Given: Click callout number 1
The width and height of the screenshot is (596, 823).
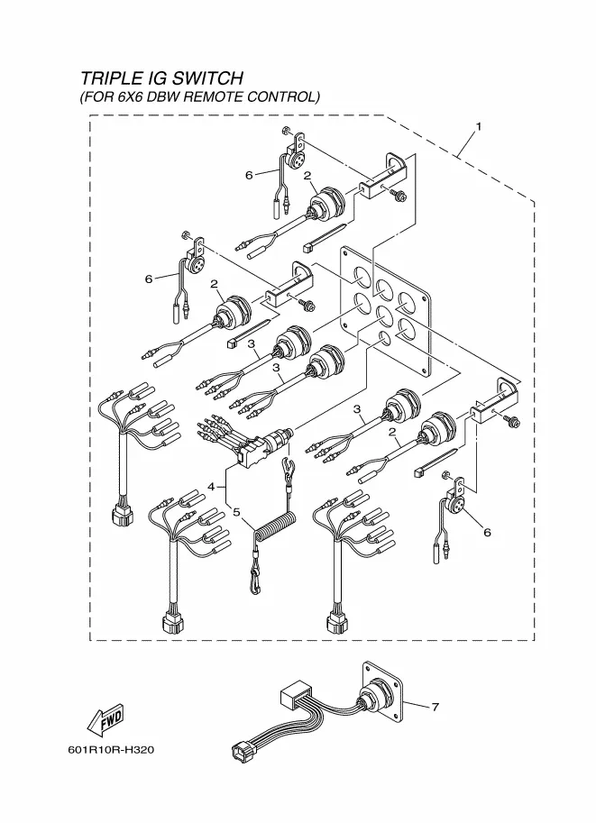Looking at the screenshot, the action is pos(479,126).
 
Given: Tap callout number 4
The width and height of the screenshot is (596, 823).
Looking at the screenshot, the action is pos(211,487).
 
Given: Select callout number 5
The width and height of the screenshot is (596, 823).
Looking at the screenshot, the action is pos(236,511).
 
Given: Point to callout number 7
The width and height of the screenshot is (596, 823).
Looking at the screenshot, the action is pos(435,707).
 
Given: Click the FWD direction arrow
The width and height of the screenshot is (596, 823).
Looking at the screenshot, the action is pos(106,719).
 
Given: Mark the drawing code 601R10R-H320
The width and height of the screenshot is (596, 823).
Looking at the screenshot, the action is pos(111,749).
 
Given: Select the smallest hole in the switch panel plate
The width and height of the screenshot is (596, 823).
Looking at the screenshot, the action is pos(385,338).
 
